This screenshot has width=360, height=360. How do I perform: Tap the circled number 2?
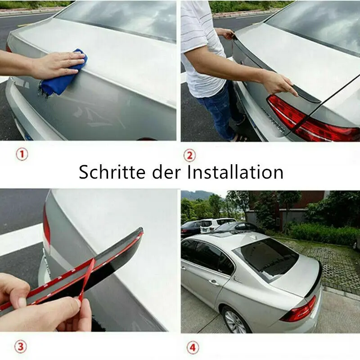pos(189,155)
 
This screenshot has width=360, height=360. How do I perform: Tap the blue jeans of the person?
pos(216,110)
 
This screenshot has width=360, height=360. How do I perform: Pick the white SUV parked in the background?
pos(216,224)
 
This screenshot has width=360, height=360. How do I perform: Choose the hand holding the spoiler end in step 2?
pos(279,83)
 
